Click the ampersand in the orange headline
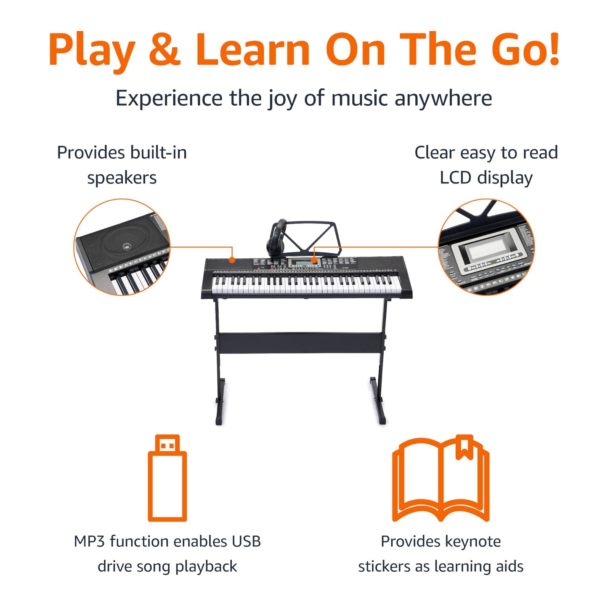click(x=165, y=48)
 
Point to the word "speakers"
click(x=122, y=178)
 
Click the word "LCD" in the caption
click(x=456, y=178)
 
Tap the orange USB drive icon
click(x=167, y=478)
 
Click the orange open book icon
click(x=441, y=478)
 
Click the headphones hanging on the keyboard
click(x=276, y=238)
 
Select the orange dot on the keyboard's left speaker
click(x=232, y=260)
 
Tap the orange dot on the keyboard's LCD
click(x=314, y=260)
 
